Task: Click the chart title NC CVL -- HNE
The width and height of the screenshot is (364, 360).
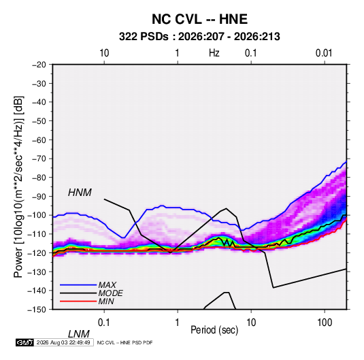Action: click(199, 19)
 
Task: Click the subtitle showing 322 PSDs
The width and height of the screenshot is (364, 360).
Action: click(199, 37)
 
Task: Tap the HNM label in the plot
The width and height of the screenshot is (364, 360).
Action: click(80, 193)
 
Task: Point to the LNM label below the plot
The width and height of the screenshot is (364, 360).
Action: click(79, 334)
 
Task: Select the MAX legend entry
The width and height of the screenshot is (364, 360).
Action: click(107, 284)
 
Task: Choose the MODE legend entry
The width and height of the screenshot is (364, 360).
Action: click(110, 293)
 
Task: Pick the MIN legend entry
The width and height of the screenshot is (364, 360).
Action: click(106, 301)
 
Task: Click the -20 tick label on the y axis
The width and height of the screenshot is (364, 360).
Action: click(39, 65)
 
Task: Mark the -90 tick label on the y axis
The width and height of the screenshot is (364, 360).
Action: click(39, 197)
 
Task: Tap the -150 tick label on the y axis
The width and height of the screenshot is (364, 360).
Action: click(37, 310)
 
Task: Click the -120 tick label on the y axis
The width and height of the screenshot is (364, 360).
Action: click(37, 253)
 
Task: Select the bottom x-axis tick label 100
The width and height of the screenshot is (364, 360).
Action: click(325, 323)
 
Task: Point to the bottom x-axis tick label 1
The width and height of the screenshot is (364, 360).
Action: click(178, 323)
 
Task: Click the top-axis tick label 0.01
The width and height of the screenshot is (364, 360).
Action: click(324, 53)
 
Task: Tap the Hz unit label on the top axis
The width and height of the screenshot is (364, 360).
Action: click(214, 53)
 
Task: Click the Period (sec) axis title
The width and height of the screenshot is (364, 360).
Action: click(214, 330)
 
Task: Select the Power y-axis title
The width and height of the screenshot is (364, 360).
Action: click(18, 186)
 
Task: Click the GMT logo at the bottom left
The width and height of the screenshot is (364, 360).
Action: click(24, 342)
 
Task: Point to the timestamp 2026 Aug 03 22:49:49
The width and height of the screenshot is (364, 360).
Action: click(63, 342)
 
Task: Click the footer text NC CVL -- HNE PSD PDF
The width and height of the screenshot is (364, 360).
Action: click(125, 342)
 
